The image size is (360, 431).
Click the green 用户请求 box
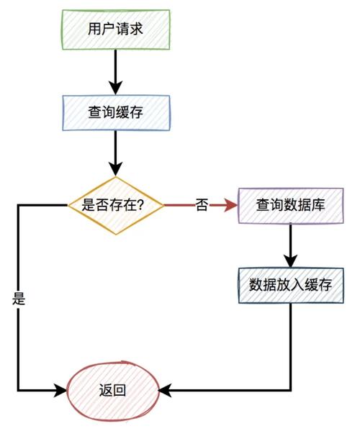115,31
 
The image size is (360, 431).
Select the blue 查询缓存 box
115,112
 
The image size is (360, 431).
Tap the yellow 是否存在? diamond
115,205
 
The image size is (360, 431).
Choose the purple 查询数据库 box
290,205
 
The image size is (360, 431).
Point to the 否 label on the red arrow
202,205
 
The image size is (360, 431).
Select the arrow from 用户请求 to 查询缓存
115,72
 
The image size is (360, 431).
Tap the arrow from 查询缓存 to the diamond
115,153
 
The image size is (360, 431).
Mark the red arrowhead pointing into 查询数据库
231,205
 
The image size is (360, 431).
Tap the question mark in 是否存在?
140,205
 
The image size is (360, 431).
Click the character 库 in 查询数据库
318,205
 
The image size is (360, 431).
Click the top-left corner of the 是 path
18,205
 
